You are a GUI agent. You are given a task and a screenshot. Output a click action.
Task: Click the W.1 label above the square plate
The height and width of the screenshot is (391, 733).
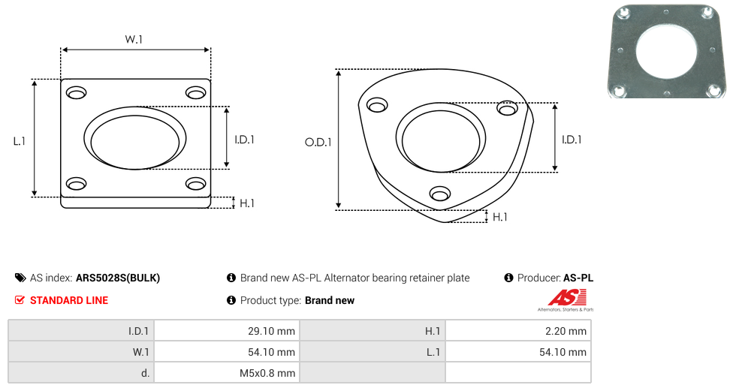pyautogui.click(x=134, y=39)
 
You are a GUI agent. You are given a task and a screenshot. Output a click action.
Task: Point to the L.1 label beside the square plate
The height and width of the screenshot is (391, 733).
pyautogui.click(x=20, y=141)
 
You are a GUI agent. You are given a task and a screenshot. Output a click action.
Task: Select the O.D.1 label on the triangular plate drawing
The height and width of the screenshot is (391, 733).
pyautogui.click(x=318, y=142)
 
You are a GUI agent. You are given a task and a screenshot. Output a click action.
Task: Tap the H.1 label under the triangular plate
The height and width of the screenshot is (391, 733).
pyautogui.click(x=499, y=217)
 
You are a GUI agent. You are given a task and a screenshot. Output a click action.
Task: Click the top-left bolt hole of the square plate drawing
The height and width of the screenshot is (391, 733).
pyautogui.click(x=76, y=92)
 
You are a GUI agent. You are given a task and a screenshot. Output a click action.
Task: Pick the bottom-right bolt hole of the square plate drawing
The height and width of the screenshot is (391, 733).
pyautogui.click(x=196, y=184)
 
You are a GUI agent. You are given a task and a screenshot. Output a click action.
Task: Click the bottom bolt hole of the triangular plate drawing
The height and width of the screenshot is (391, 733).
pyautogui.click(x=440, y=194)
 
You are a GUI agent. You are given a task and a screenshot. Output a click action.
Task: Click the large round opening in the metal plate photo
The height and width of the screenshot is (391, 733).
pyautogui.click(x=666, y=50)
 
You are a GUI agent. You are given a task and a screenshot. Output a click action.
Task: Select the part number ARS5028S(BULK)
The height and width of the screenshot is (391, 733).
pyautogui.click(x=118, y=278)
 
